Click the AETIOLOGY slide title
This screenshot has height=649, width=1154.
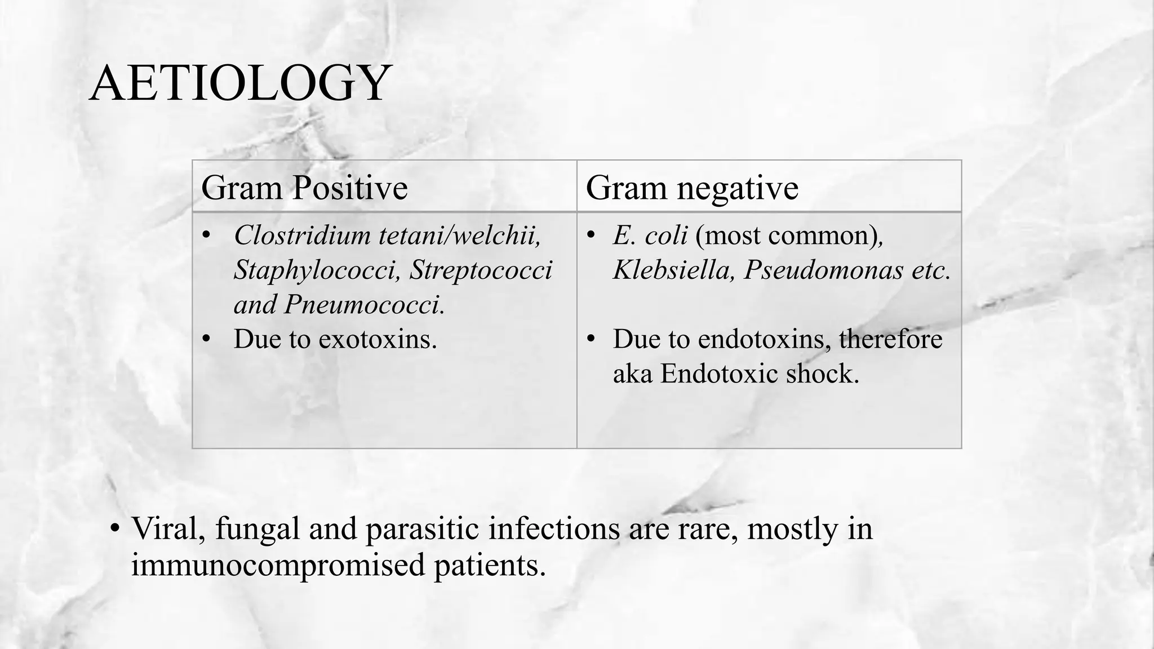(239, 83)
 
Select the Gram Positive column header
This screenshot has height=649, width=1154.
(304, 188)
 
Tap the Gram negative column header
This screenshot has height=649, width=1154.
(692, 188)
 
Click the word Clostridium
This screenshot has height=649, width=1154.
(302, 235)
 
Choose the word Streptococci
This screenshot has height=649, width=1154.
(481, 270)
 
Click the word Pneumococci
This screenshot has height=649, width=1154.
(364, 305)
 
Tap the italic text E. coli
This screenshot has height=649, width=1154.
(650, 235)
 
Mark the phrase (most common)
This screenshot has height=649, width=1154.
(787, 235)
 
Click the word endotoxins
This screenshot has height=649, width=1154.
(764, 339)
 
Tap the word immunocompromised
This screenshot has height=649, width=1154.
(278, 564)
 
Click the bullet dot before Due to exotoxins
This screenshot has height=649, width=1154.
(206, 339)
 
